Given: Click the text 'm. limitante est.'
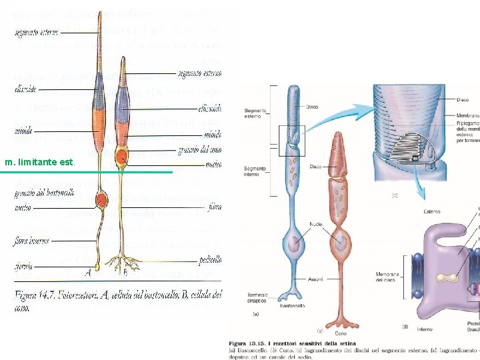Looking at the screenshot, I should click(x=40, y=162).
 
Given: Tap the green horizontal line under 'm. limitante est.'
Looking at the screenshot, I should click(x=87, y=173).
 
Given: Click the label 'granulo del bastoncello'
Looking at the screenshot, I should click(x=41, y=193).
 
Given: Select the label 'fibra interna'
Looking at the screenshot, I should click(x=31, y=241).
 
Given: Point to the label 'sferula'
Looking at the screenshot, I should click(x=23, y=265).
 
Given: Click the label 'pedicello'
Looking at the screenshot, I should click(x=209, y=259).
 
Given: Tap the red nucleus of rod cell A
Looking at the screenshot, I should click(x=101, y=200).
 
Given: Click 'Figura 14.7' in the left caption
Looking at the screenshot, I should click(x=37, y=293).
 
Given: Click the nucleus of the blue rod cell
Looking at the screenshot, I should click(x=293, y=243).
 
